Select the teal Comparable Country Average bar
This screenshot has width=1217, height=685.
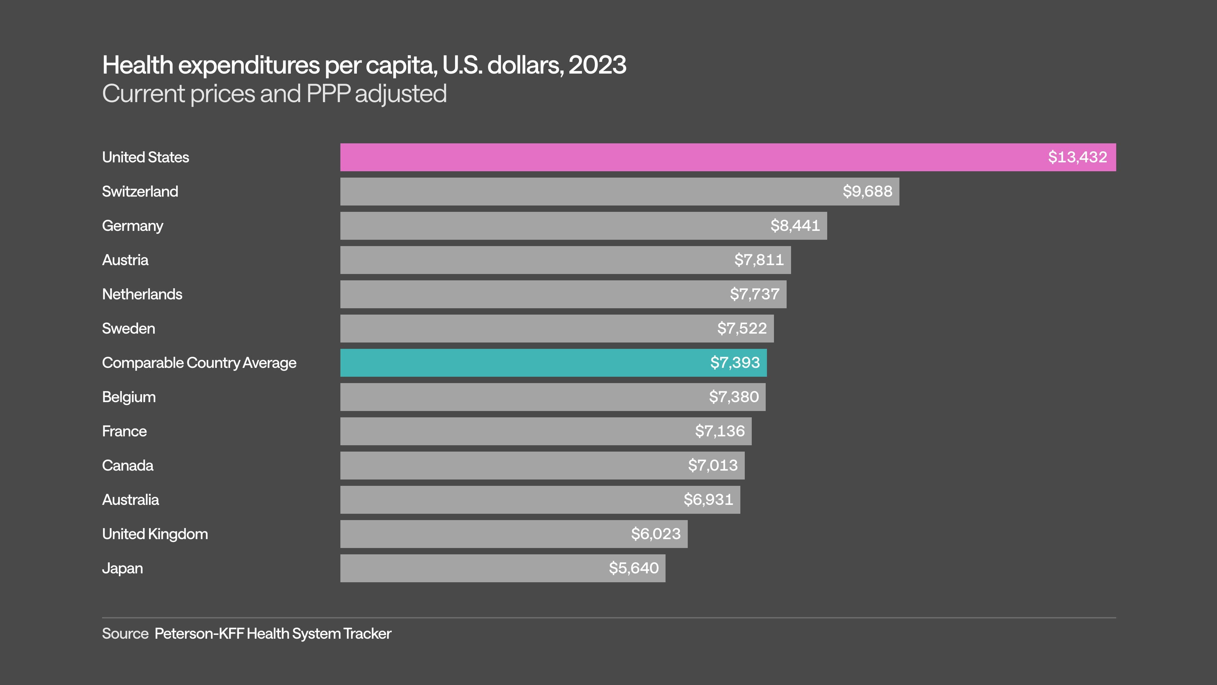(520, 362)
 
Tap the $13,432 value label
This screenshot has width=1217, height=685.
(1077, 157)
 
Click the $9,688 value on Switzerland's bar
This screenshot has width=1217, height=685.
(867, 192)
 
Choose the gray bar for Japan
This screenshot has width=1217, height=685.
(473, 568)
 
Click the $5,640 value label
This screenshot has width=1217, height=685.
(634, 568)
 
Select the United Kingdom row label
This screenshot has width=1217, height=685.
(155, 534)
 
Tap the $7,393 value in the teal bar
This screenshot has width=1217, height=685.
(735, 362)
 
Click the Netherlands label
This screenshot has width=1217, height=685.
(142, 294)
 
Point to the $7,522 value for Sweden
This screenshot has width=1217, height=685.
(742, 328)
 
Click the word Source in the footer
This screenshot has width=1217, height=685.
(125, 634)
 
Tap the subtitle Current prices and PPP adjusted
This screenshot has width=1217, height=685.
(274, 94)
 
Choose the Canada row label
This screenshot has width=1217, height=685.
(127, 465)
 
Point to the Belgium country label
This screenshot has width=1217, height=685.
(128, 397)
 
